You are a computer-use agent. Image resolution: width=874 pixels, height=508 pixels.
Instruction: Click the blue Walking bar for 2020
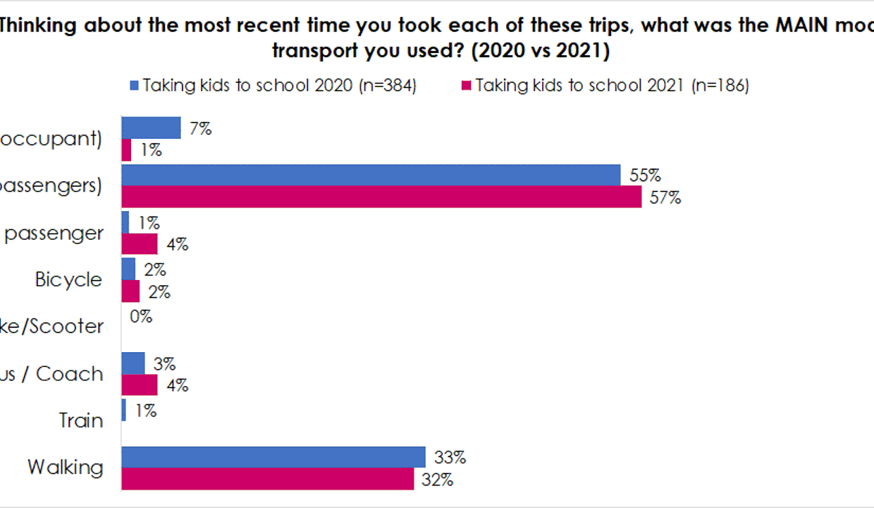click(x=273, y=456)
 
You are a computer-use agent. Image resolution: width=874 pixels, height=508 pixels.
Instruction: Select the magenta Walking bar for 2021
click(x=268, y=479)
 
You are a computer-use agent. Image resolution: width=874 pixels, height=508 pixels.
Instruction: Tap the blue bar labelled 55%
click(x=371, y=175)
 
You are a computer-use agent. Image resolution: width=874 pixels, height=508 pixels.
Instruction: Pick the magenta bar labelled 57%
click(x=381, y=197)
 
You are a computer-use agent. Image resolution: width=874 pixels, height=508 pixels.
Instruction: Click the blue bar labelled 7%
click(x=151, y=128)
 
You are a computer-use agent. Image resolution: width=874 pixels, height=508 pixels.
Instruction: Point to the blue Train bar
click(x=124, y=410)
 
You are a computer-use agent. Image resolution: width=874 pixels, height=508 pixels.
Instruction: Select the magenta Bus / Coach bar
click(x=140, y=385)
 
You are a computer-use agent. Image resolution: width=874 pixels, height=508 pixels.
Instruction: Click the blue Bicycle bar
click(x=128, y=269)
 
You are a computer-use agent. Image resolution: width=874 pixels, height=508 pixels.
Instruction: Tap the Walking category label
click(x=66, y=467)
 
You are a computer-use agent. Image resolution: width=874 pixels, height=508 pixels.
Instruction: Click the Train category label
click(x=81, y=421)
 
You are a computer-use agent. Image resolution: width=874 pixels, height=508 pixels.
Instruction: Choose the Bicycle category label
click(x=69, y=279)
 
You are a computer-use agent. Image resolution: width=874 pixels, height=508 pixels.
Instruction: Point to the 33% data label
click(x=451, y=458)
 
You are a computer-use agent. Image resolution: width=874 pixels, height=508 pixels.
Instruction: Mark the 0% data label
click(x=141, y=316)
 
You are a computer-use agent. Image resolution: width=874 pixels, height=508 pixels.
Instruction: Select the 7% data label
click(x=200, y=128)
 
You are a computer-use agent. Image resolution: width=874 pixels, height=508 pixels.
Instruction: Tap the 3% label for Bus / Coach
click(x=164, y=364)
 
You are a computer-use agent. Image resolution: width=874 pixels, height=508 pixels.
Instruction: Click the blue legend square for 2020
click(x=134, y=86)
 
